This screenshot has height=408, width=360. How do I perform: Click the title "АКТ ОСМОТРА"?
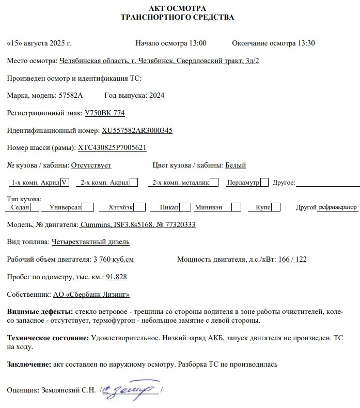177,8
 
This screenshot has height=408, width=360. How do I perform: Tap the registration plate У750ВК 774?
104,113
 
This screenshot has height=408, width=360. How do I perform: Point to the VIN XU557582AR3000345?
137,130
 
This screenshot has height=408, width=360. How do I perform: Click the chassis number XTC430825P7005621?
112,148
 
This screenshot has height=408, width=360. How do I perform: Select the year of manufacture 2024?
156,96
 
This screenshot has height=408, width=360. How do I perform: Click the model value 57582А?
71,96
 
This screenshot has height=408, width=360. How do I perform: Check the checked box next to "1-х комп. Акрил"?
65,182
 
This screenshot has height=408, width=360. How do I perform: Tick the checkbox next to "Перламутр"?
264,182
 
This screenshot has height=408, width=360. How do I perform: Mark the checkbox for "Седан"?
35,207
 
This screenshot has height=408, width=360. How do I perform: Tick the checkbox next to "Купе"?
276,207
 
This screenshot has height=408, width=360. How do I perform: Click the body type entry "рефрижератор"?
338,207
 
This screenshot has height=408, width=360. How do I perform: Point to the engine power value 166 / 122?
292,259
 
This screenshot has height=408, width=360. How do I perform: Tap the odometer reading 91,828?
116,277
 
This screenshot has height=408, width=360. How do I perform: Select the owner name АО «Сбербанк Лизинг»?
91,294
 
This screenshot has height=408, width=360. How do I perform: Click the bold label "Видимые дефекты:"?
40,312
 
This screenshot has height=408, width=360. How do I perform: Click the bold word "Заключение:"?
29,364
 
